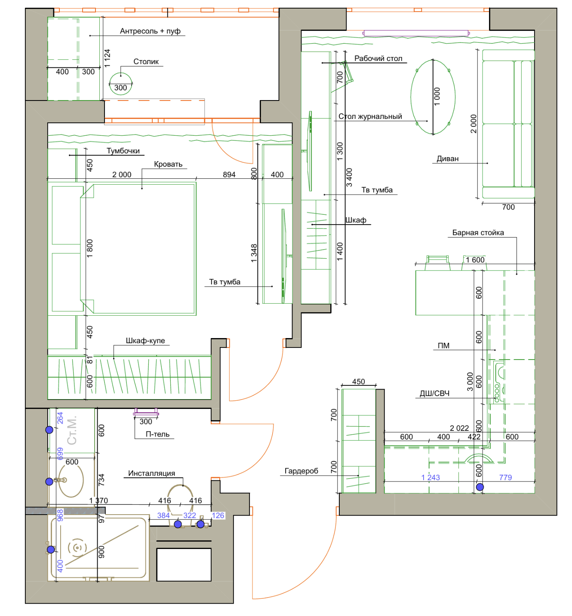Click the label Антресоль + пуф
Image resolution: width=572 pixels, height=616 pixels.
pos(150,31)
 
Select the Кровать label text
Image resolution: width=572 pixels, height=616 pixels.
pos(168,164)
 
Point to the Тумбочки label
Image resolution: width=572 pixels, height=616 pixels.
pos(123,151)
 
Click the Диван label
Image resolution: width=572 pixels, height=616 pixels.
pos(447,159)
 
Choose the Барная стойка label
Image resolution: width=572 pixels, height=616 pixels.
pos(477,232)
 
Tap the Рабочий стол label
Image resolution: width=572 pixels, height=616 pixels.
pos(378,58)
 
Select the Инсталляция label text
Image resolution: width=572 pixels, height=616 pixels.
pos(151,473)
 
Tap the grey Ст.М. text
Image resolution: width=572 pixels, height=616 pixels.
pos(72,431)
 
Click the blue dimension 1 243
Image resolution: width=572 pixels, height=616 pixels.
pos(430,477)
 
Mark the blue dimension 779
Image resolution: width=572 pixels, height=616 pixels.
pos(505,477)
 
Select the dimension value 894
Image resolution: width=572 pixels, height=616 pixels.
pos(229,174)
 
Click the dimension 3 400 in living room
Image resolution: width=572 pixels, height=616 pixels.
pos(349,177)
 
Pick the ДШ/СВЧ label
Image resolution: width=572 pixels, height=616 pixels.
pos(434,393)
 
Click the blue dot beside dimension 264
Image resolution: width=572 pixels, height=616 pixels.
pos(49,430)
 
